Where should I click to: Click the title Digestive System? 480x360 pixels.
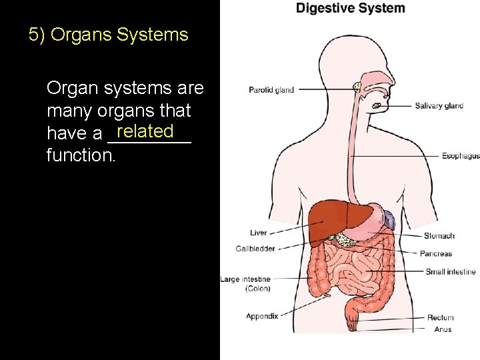pos(350,9)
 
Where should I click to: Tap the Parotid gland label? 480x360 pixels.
pos(271,90)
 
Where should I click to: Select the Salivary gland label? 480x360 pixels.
pos(439,106)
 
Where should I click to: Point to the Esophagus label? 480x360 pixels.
pos(460,156)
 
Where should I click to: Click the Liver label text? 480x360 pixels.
pos(259,233)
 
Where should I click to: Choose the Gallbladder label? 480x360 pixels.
pos(255,249)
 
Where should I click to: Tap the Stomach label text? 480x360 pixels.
pos(439,235)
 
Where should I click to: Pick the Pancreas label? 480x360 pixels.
pos(436,253)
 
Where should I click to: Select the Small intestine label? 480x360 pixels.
pos(451,271)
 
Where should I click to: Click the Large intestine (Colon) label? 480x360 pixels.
pos(245,284)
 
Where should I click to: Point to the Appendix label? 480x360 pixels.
pos(262,316)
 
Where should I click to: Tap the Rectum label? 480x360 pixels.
pos(440,318)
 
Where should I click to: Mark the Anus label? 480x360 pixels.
pos(443,329)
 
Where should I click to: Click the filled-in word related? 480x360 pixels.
pos(145,130)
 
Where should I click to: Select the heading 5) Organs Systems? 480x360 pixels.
pos(109,35)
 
